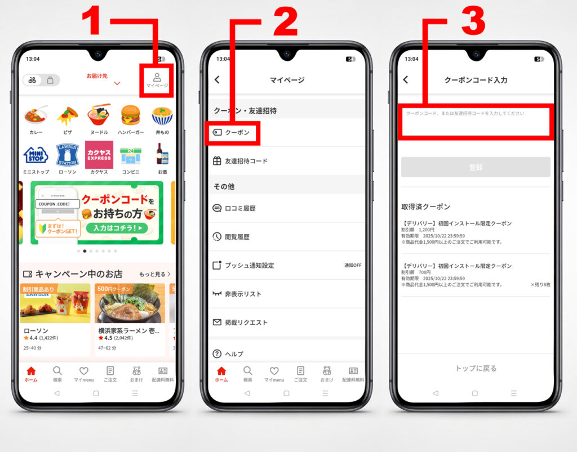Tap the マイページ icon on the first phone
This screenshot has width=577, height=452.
[157, 80]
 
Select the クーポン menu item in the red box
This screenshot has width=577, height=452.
[233, 133]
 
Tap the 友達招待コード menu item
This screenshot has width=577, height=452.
[246, 161]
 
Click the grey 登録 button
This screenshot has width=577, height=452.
[476, 167]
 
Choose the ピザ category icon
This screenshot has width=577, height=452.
[67, 117]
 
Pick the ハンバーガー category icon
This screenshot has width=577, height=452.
[130, 117]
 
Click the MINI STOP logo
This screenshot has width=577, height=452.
[35, 155]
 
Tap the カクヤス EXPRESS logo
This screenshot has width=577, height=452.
[99, 155]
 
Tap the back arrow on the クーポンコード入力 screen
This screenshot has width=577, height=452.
[406, 80]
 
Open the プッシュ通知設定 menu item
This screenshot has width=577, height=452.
[249, 265]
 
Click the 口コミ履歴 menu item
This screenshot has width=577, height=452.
[240, 208]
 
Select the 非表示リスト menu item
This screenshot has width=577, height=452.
[243, 294]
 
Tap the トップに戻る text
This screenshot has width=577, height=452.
[476, 369]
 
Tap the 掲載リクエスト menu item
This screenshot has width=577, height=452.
[246, 323]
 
